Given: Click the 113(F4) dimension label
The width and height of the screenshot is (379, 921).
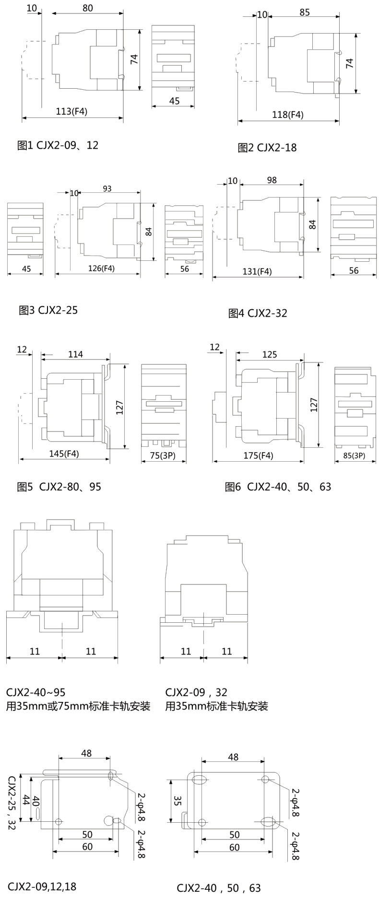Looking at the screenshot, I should [x=72, y=112].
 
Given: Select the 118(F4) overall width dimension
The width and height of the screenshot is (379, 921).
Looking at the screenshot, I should [x=288, y=115].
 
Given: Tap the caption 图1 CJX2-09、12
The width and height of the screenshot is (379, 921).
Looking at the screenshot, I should [x=58, y=145].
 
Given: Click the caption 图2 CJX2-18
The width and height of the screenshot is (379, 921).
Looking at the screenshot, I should [x=267, y=148].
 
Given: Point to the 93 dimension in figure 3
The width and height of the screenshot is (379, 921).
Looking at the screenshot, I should [x=107, y=188].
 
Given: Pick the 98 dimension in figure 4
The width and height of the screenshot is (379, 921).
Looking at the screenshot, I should [x=272, y=180].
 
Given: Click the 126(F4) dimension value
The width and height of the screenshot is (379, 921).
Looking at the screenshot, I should [x=101, y=268].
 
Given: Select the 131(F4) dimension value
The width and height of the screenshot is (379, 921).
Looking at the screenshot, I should [x=257, y=271].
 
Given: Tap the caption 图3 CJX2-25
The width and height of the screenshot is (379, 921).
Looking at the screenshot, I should [x=48, y=310].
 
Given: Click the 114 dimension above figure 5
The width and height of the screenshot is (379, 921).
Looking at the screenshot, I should [x=75, y=354].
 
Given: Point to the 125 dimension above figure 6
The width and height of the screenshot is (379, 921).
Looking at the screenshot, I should [x=270, y=354].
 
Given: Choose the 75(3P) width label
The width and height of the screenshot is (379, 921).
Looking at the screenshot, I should [x=162, y=455].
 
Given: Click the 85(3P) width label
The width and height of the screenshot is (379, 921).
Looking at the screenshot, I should [x=354, y=455].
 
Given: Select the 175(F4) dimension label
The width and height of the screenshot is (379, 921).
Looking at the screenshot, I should [x=258, y=455].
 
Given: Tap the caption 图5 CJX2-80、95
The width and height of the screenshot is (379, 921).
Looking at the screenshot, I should [x=59, y=487].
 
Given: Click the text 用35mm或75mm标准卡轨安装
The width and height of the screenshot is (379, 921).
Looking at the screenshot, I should [x=78, y=706].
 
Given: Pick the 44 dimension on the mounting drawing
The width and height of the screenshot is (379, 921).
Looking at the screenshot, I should [x=26, y=800].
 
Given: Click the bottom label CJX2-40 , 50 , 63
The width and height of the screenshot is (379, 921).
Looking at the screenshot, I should [x=219, y=888].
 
